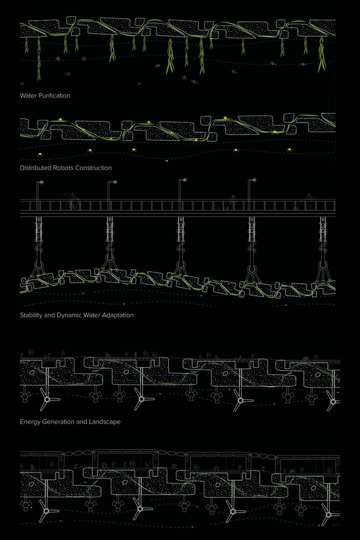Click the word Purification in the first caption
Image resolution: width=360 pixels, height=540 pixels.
pyautogui.click(x=53, y=96)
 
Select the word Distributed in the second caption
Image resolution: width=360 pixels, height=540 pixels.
pyautogui.click(x=36, y=168)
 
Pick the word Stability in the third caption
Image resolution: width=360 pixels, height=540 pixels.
pyautogui.click(x=31, y=315)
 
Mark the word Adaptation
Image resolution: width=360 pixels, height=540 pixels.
pyautogui.click(x=118, y=315)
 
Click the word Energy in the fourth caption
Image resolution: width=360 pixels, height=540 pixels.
pyautogui.click(x=30, y=422)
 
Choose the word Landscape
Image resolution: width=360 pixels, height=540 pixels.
pyautogui.click(x=105, y=422)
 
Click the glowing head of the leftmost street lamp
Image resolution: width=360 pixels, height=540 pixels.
pyautogui.click(x=42, y=182)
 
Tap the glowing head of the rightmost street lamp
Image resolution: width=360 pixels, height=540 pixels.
pyautogui.click(x=254, y=179)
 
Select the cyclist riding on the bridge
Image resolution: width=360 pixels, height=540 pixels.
pyautogui.click(x=73, y=202)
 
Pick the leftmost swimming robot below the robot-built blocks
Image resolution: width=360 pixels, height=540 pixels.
pyautogui.click(x=40, y=154)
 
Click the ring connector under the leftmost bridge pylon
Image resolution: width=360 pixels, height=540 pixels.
pyautogui.click(x=38, y=266)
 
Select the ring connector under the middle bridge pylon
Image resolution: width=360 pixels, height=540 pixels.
pyautogui.click(x=181, y=266)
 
